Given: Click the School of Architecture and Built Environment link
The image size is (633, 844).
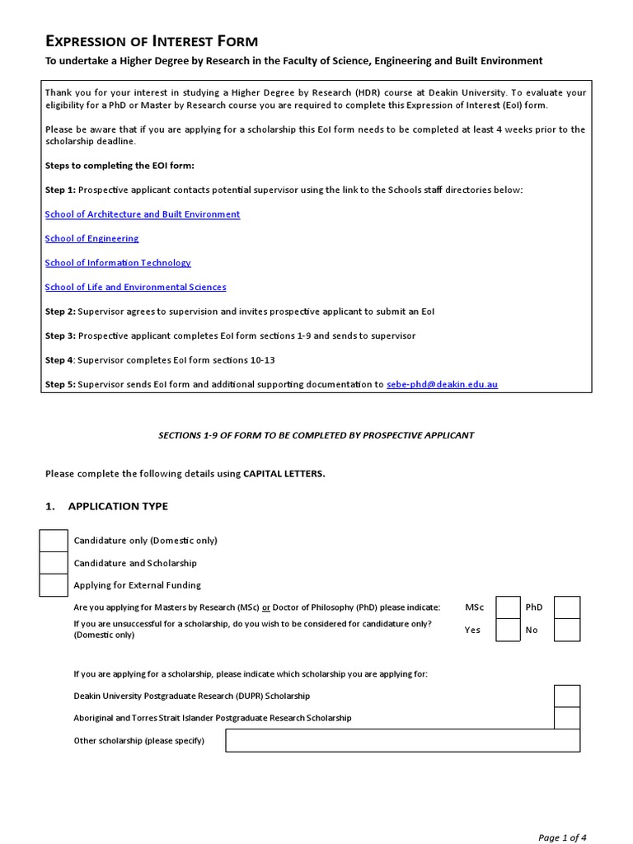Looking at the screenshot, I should [142, 214].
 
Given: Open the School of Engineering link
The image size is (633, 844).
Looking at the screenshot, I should [91, 238].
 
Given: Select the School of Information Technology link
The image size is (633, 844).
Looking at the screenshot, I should [118, 263].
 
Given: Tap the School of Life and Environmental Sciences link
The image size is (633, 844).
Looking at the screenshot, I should [135, 287].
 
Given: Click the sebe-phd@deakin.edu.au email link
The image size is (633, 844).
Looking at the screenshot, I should [442, 384].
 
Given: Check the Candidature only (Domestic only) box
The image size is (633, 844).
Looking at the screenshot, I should [54, 541].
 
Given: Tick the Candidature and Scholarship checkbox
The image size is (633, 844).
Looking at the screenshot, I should [54, 563].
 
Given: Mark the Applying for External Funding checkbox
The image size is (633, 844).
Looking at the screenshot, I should [54, 585].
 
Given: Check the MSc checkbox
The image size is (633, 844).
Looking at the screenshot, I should [508, 607].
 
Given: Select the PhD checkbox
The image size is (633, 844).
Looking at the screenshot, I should [567, 607].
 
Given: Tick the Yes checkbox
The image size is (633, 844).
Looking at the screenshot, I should [508, 630].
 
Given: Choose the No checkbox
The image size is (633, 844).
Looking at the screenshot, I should [567, 630].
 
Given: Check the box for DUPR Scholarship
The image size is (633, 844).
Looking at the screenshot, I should [567, 696].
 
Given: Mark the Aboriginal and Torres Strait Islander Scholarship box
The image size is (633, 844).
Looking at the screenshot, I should [567, 718].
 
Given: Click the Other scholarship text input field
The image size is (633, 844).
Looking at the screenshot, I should [402, 741].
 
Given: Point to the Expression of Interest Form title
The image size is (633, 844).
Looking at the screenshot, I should [151, 40].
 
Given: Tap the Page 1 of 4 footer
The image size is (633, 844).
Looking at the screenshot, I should [562, 837].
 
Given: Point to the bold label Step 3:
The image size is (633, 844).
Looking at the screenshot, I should [60, 335].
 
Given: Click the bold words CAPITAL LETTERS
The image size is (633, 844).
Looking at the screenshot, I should [284, 474].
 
